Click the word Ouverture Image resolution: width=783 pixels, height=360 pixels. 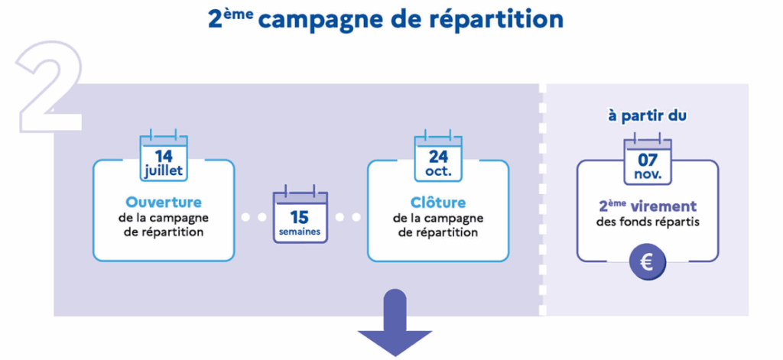(x=164, y=203)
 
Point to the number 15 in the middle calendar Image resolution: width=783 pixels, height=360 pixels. (x=300, y=217)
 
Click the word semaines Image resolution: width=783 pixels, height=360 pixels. (x=300, y=232)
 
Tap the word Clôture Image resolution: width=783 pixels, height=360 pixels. (x=438, y=203)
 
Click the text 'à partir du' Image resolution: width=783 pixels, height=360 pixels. (x=647, y=116)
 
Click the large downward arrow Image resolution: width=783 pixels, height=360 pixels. (x=395, y=323)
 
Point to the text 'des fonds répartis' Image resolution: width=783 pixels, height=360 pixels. (x=648, y=222)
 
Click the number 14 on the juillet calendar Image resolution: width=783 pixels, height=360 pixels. (x=164, y=156)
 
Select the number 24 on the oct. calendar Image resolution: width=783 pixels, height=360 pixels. (x=438, y=157)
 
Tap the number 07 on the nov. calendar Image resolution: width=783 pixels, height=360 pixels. (x=648, y=161)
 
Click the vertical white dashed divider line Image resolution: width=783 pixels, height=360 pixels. (x=543, y=199)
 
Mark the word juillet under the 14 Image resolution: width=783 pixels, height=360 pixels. (x=164, y=171)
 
